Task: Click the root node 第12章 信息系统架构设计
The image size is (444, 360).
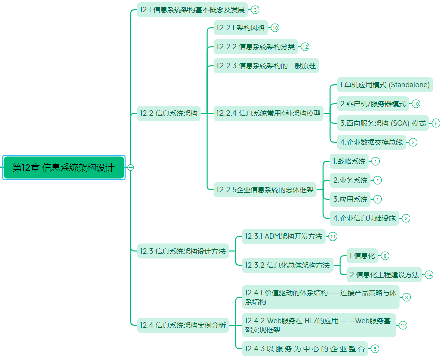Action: click(x=63, y=167)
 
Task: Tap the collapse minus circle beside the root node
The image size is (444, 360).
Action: click(x=130, y=167)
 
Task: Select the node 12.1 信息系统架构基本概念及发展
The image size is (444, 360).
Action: click(x=192, y=10)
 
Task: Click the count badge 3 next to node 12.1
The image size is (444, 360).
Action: click(x=255, y=10)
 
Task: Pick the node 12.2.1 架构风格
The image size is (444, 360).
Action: click(x=241, y=28)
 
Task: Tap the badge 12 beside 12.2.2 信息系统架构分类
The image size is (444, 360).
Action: click(x=305, y=47)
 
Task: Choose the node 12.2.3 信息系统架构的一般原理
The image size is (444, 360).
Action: click(x=266, y=66)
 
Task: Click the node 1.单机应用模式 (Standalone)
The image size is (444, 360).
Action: click(x=385, y=85)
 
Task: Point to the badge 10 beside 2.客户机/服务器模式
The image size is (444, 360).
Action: click(x=416, y=104)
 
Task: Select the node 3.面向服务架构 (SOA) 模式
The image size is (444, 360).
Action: click(x=383, y=123)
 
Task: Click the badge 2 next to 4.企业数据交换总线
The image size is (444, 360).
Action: click(x=413, y=142)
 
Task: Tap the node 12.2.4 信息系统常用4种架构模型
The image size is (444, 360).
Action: click(x=268, y=113)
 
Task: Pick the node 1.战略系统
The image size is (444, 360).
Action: click(x=349, y=161)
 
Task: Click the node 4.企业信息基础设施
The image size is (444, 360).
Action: click(x=365, y=218)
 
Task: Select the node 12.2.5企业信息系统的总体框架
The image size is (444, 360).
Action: click(x=265, y=190)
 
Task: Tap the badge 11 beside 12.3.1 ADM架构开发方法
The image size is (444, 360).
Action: click(x=332, y=236)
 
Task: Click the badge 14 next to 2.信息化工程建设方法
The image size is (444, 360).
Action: click(x=429, y=275)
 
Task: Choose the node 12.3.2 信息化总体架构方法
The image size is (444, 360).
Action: click(x=287, y=265)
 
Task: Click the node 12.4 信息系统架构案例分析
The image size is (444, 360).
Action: click(x=183, y=325)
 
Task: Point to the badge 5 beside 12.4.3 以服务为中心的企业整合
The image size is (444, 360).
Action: click(x=375, y=349)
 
